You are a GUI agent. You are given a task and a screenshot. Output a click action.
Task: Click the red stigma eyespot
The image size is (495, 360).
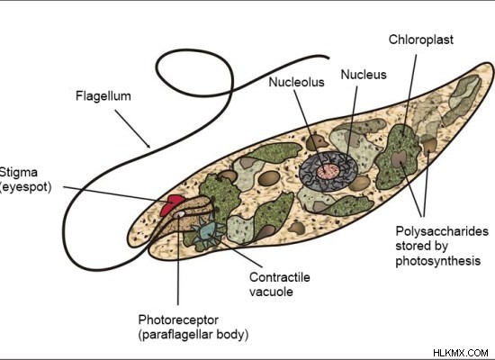(171, 204)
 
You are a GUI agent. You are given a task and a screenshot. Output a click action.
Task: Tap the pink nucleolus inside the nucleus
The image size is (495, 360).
(328, 172)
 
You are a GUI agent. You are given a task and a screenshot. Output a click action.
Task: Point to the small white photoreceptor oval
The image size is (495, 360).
(179, 214)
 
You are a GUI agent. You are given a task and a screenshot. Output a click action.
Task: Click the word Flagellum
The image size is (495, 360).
(103, 96)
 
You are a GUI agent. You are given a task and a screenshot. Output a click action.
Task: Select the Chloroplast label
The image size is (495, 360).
(421, 40)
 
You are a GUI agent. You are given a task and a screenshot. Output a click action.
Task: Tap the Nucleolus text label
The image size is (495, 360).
(296, 82)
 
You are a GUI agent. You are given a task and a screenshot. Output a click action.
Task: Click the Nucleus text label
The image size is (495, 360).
(364, 75)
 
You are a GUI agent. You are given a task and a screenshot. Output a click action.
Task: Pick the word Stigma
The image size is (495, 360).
(19, 173)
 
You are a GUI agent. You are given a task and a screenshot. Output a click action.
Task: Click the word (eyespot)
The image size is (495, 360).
(25, 187)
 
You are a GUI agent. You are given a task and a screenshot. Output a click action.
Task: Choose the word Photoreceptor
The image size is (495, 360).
(178, 320)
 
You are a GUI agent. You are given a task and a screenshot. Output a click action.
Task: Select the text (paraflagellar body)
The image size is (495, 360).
(193, 335)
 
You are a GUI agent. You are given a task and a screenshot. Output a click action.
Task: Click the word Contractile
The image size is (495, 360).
(280, 277)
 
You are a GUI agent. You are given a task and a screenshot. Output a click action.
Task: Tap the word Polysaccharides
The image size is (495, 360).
(442, 231)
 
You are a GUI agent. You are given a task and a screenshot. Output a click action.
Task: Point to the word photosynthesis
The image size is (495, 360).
(438, 261)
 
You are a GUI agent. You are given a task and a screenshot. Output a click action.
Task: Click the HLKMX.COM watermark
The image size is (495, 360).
(461, 353)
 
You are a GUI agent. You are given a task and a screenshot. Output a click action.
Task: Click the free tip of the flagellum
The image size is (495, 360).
(328, 58)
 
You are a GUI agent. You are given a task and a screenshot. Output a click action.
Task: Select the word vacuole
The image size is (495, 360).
(271, 292)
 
